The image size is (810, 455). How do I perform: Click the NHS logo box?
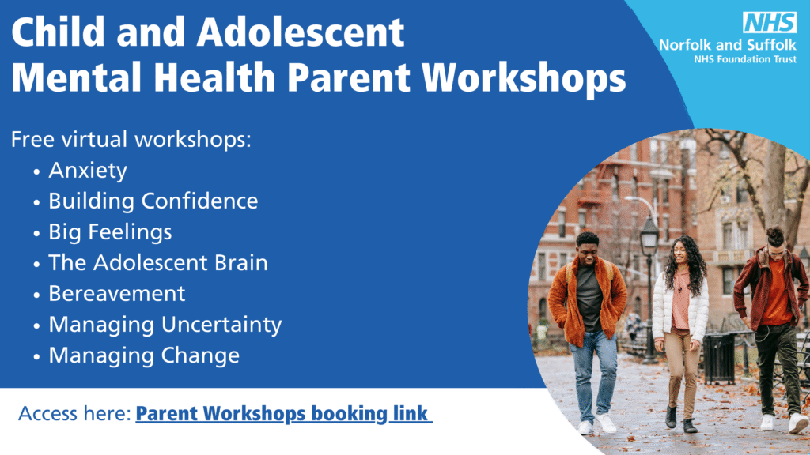[770, 22]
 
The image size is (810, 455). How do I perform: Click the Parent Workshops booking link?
[284, 414]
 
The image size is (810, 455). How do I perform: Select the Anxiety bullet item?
[88, 171]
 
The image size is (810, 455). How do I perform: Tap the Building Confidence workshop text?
[153, 201]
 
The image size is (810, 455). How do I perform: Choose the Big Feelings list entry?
[110, 232]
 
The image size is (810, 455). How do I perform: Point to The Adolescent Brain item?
[158, 262]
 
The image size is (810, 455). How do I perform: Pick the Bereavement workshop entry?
[117, 294]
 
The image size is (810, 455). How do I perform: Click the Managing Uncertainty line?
[165, 325]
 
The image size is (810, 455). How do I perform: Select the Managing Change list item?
[144, 355]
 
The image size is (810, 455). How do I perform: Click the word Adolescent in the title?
[301, 32]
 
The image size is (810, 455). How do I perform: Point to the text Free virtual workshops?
[131, 139]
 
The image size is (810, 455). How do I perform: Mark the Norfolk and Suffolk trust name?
[728, 45]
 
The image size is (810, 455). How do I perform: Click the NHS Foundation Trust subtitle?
[745, 59]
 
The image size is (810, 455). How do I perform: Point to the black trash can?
[719, 358]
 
